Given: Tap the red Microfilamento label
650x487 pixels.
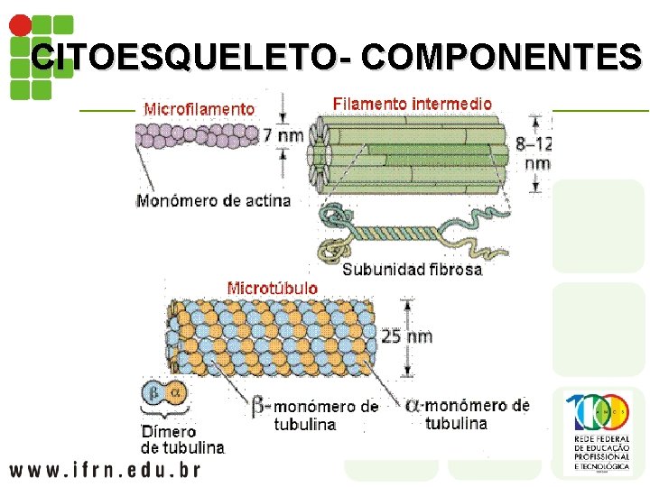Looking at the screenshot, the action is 200,109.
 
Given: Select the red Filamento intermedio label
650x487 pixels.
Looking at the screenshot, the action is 413,103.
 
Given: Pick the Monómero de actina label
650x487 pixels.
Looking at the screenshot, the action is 213,200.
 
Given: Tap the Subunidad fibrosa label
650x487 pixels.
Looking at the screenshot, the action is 412,269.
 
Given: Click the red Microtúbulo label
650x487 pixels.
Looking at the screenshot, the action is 272,289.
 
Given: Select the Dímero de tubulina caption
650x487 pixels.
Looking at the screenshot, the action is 181,439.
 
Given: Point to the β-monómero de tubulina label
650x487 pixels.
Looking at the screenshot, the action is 315,415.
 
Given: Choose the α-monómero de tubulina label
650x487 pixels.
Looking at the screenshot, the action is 467,414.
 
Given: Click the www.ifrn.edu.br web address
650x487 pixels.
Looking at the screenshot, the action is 105,469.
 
